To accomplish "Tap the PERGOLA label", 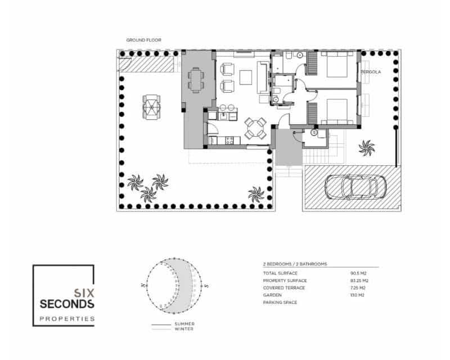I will click(371, 73).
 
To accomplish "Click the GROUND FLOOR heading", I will click(143, 40).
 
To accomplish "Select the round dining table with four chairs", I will click(256, 129).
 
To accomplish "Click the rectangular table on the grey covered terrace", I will click(196, 79).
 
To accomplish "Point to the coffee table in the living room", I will click(246, 76).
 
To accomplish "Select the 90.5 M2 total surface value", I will click(359, 273).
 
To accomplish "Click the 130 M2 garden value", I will click(357, 295).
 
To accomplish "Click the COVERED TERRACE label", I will click(284, 288).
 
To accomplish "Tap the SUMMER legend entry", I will click(184, 324).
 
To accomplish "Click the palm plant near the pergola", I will click(366, 148).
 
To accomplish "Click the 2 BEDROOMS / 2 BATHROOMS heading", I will click(295, 263).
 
